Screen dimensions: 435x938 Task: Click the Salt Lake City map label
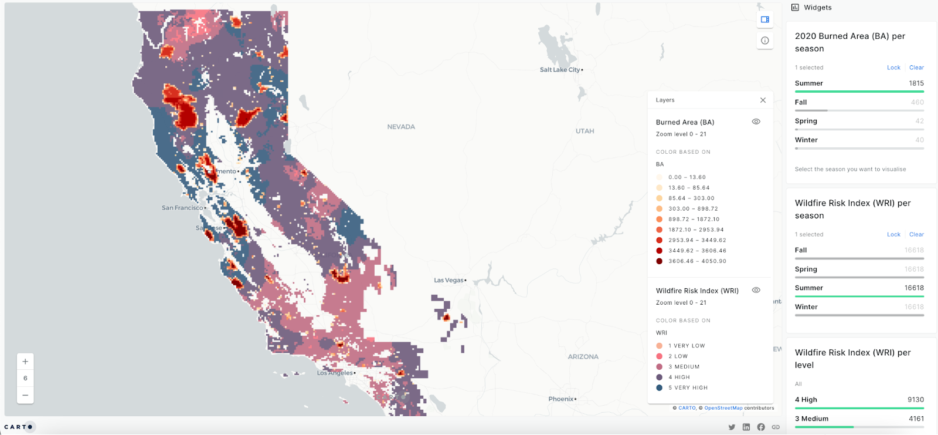pos(560,70)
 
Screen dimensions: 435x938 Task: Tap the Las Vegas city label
pos(448,281)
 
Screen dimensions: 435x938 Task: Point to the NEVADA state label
pos(401,127)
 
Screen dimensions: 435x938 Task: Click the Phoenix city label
pos(561,399)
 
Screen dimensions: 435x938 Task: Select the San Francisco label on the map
pos(182,208)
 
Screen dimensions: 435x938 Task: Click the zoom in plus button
pos(25,362)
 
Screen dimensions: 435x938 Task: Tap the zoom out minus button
pos(25,395)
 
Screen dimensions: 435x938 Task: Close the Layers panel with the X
pos(763,100)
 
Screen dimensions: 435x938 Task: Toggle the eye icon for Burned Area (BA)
pos(756,122)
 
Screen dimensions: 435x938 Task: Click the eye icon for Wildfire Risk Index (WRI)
pos(756,291)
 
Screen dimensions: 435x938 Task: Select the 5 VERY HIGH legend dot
pos(660,388)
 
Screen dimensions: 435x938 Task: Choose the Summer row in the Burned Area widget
pos(809,83)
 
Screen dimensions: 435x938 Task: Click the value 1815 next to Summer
pos(916,83)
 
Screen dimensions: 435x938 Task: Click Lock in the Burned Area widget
pos(893,68)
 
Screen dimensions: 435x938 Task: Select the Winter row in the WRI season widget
pos(806,307)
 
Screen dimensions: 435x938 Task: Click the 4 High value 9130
pos(916,400)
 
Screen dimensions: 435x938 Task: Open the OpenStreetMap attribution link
pos(723,408)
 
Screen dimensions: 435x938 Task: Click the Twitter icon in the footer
pos(732,427)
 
